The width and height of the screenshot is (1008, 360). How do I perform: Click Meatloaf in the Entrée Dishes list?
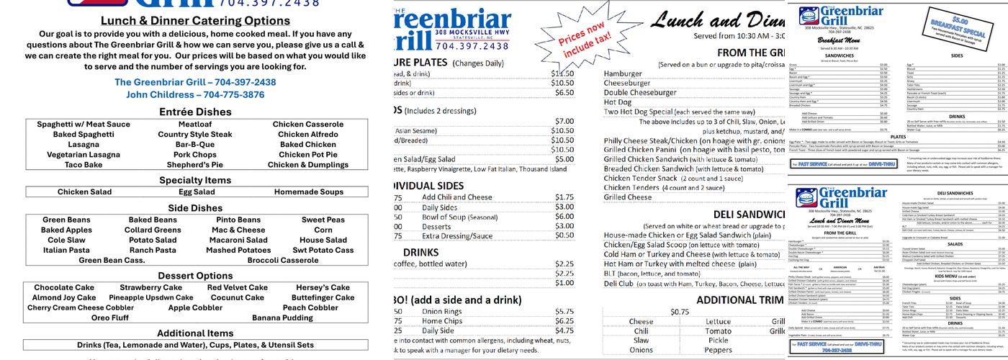185,125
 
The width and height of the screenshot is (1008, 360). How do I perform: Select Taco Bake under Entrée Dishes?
84,165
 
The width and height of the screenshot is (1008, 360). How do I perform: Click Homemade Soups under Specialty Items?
309,192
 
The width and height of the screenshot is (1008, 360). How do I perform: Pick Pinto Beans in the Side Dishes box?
238,220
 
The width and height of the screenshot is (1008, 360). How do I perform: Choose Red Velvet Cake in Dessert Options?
238,288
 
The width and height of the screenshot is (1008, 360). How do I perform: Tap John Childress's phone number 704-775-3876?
234,95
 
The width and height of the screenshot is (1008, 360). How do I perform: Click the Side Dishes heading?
196,208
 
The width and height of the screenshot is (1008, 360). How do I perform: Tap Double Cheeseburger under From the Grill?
650,93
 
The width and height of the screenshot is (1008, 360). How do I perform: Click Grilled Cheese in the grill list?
628,197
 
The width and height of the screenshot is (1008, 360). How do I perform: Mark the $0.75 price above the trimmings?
680,312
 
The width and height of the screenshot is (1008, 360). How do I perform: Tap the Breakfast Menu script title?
839,41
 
